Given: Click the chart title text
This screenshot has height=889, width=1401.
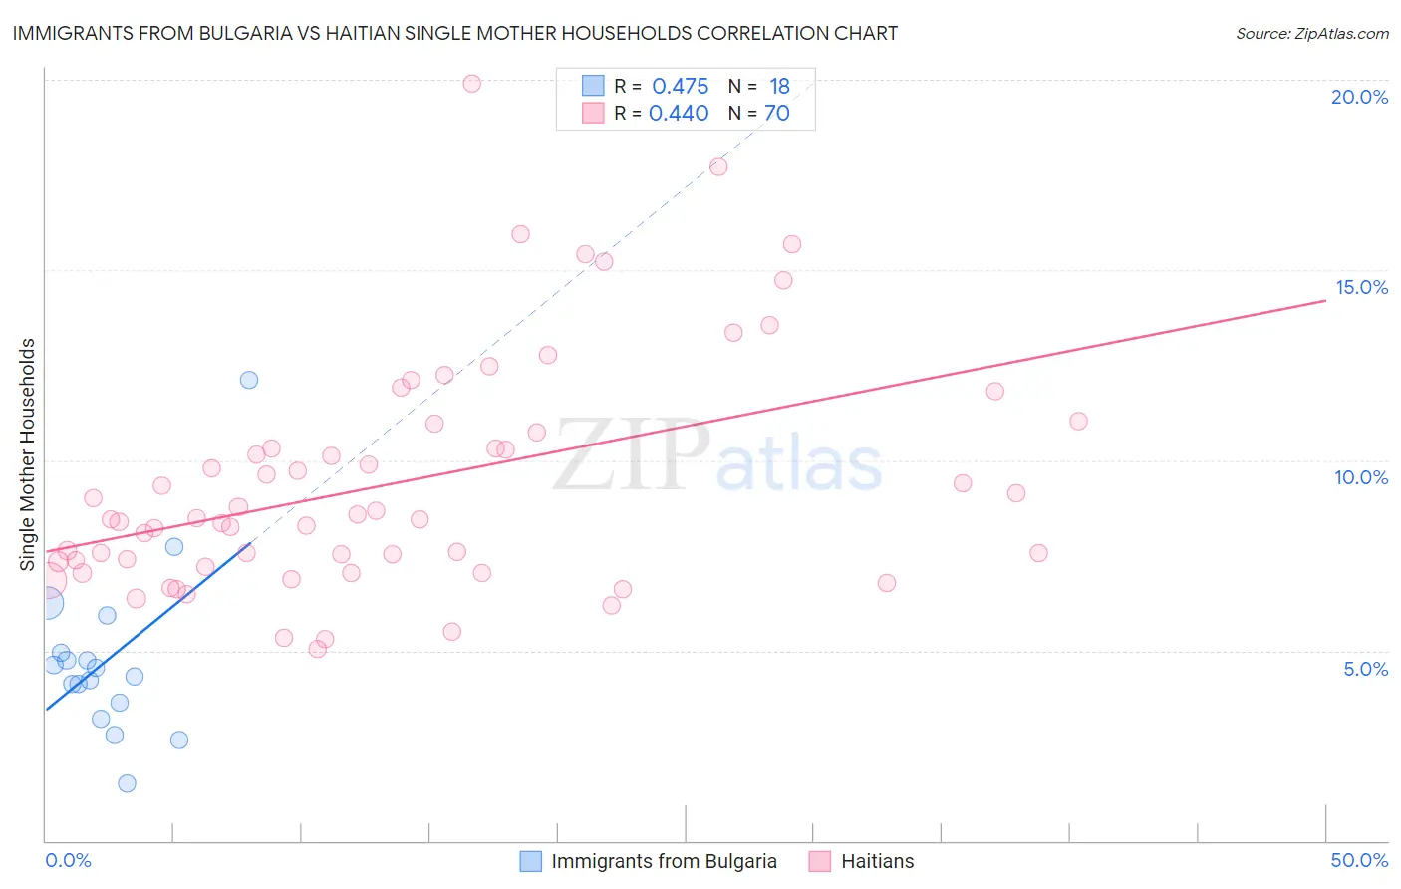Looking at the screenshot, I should pyautogui.click(x=454, y=33).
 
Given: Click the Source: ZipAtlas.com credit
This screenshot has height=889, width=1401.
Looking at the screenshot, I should pyautogui.click(x=1311, y=34).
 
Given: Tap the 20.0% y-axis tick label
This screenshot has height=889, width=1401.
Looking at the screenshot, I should pyautogui.click(x=1359, y=97).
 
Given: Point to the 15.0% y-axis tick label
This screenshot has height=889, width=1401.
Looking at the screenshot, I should pyautogui.click(x=1361, y=287).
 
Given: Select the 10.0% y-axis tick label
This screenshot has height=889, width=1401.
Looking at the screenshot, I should pyautogui.click(x=1361, y=477).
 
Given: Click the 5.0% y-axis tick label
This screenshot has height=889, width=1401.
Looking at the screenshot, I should pyautogui.click(x=1365, y=669).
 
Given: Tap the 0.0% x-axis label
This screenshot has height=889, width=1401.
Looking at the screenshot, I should pyautogui.click(x=68, y=860).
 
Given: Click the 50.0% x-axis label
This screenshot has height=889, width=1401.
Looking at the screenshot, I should pyautogui.click(x=1359, y=860).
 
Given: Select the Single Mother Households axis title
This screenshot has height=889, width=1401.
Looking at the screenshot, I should pyautogui.click(x=28, y=453).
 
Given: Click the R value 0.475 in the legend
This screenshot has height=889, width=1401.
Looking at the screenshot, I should pyautogui.click(x=680, y=87).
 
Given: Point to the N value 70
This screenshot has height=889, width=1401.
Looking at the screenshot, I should pyautogui.click(x=776, y=114).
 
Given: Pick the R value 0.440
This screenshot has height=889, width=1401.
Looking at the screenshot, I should pyautogui.click(x=679, y=114).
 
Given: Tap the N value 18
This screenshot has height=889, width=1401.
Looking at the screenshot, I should pyautogui.click(x=778, y=87).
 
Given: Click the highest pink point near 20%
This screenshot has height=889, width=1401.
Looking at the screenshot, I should pyautogui.click(x=472, y=84).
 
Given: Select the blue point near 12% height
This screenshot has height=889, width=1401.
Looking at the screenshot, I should pyautogui.click(x=249, y=380).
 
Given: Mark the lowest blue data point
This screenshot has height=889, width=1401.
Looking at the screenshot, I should pyautogui.click(x=127, y=783).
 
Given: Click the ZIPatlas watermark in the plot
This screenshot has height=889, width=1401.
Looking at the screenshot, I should pyautogui.click(x=717, y=456).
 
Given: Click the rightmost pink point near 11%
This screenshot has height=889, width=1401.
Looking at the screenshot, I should pyautogui.click(x=1078, y=422).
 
